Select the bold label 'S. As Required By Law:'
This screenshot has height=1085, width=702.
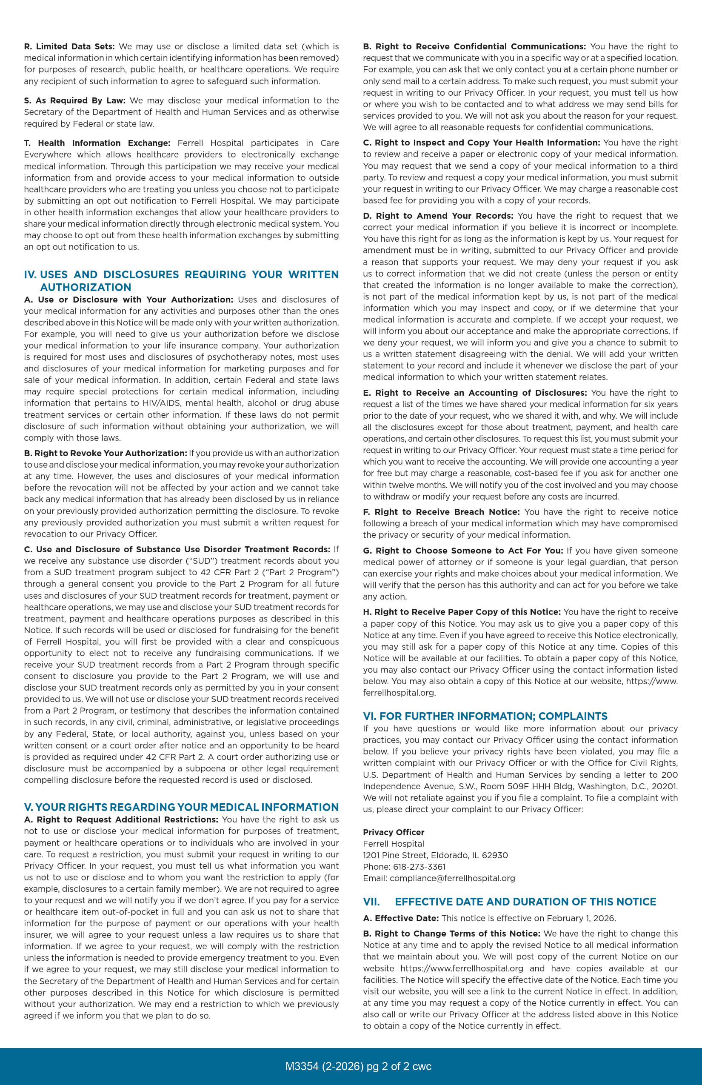click(x=75, y=100)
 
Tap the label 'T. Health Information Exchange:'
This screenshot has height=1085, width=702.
click(x=97, y=143)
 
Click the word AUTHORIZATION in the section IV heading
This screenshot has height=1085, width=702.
click(x=86, y=287)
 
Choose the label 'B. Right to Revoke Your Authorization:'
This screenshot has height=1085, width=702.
click(x=106, y=453)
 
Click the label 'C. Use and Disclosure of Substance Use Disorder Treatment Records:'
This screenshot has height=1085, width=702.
click(x=177, y=549)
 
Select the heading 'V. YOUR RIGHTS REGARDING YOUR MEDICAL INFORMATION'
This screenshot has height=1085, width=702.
click(x=181, y=808)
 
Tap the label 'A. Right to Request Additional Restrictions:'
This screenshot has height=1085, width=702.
click(x=121, y=819)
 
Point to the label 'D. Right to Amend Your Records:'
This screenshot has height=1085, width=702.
click(x=438, y=216)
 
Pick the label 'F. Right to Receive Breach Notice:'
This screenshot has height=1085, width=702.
click(x=441, y=512)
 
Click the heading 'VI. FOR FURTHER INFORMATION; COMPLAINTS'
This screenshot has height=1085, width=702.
click(x=485, y=716)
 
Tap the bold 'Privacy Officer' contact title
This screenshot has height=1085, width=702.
click(x=394, y=832)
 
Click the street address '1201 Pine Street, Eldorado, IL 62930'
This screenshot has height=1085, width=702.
click(x=435, y=855)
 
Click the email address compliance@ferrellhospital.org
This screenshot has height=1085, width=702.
click(x=452, y=878)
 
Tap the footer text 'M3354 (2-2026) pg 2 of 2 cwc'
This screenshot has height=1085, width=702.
click(x=358, y=1066)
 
